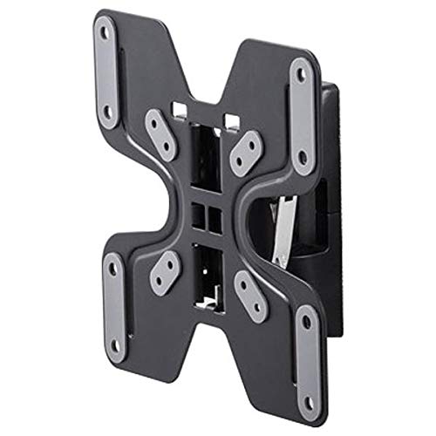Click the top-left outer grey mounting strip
tap(106, 72)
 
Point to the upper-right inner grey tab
tap(247, 153)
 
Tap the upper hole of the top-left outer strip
tap(106, 35)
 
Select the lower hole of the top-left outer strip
tap(107, 111)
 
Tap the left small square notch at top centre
tap(180, 111)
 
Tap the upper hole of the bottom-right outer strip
tap(306, 322)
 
